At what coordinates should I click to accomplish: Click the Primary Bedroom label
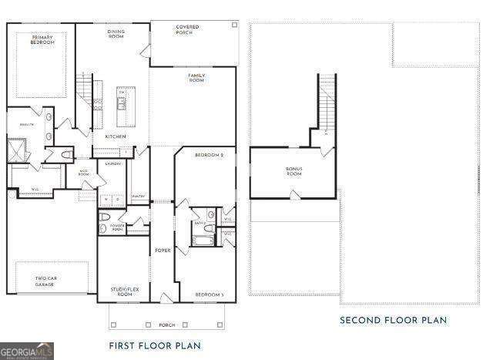[x=43, y=39]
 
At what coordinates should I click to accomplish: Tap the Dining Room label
[x=116, y=34]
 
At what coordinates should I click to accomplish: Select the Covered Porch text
[x=187, y=30]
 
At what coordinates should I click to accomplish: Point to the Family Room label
[x=196, y=77]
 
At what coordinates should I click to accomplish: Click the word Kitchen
[x=116, y=136]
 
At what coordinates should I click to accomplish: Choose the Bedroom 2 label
[x=209, y=156]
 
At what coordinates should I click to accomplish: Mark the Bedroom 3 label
[x=209, y=294]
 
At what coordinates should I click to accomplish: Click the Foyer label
[x=163, y=250]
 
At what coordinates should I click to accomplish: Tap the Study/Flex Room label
[x=122, y=291]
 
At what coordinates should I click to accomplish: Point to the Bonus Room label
[x=293, y=171]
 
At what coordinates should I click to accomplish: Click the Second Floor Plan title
[x=393, y=320]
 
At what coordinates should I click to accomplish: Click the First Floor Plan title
[x=156, y=346]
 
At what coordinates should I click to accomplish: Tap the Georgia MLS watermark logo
[x=27, y=352]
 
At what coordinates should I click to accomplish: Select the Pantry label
[x=139, y=196]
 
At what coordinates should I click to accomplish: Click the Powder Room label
[x=112, y=227]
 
